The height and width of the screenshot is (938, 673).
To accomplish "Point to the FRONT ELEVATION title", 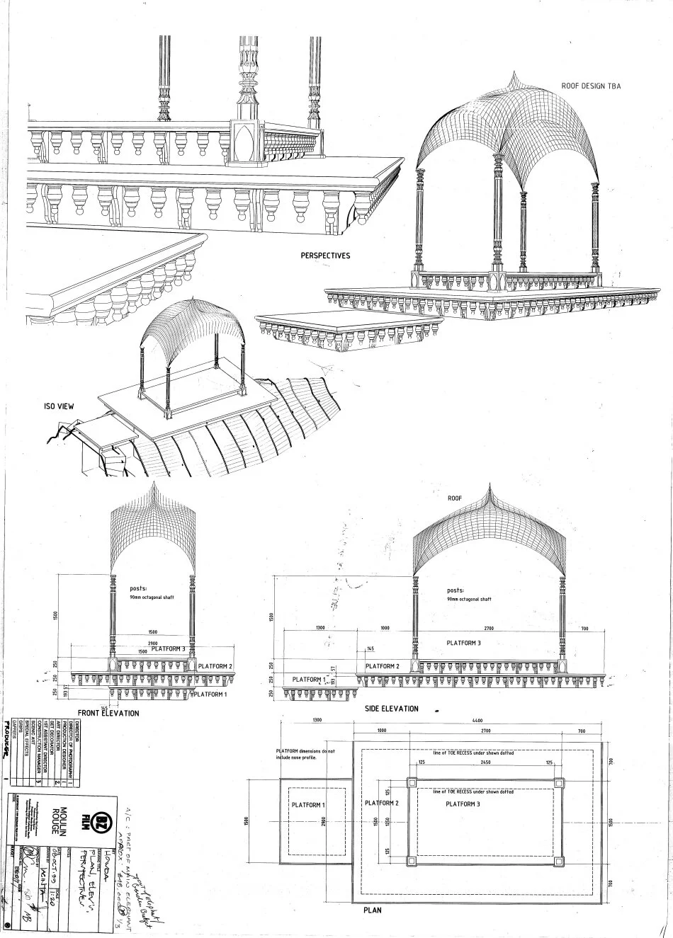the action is pos(108,713).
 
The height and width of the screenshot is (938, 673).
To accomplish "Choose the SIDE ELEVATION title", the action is pos(391,708).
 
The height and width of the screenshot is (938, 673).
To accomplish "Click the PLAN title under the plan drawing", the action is pos(372,909).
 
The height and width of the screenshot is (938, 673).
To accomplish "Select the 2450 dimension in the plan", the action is pos(485,763).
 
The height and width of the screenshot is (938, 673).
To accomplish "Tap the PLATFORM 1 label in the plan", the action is pos(307,805).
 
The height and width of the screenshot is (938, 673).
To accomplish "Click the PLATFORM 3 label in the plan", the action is pos(464,804).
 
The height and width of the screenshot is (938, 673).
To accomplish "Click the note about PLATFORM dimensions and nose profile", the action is pos(305,753).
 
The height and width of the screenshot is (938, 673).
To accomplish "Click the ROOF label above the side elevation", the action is pos(454,498).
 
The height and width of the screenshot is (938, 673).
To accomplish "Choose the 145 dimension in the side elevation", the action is pos(370,648).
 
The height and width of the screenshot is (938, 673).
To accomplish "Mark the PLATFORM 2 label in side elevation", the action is pos(383,666).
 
